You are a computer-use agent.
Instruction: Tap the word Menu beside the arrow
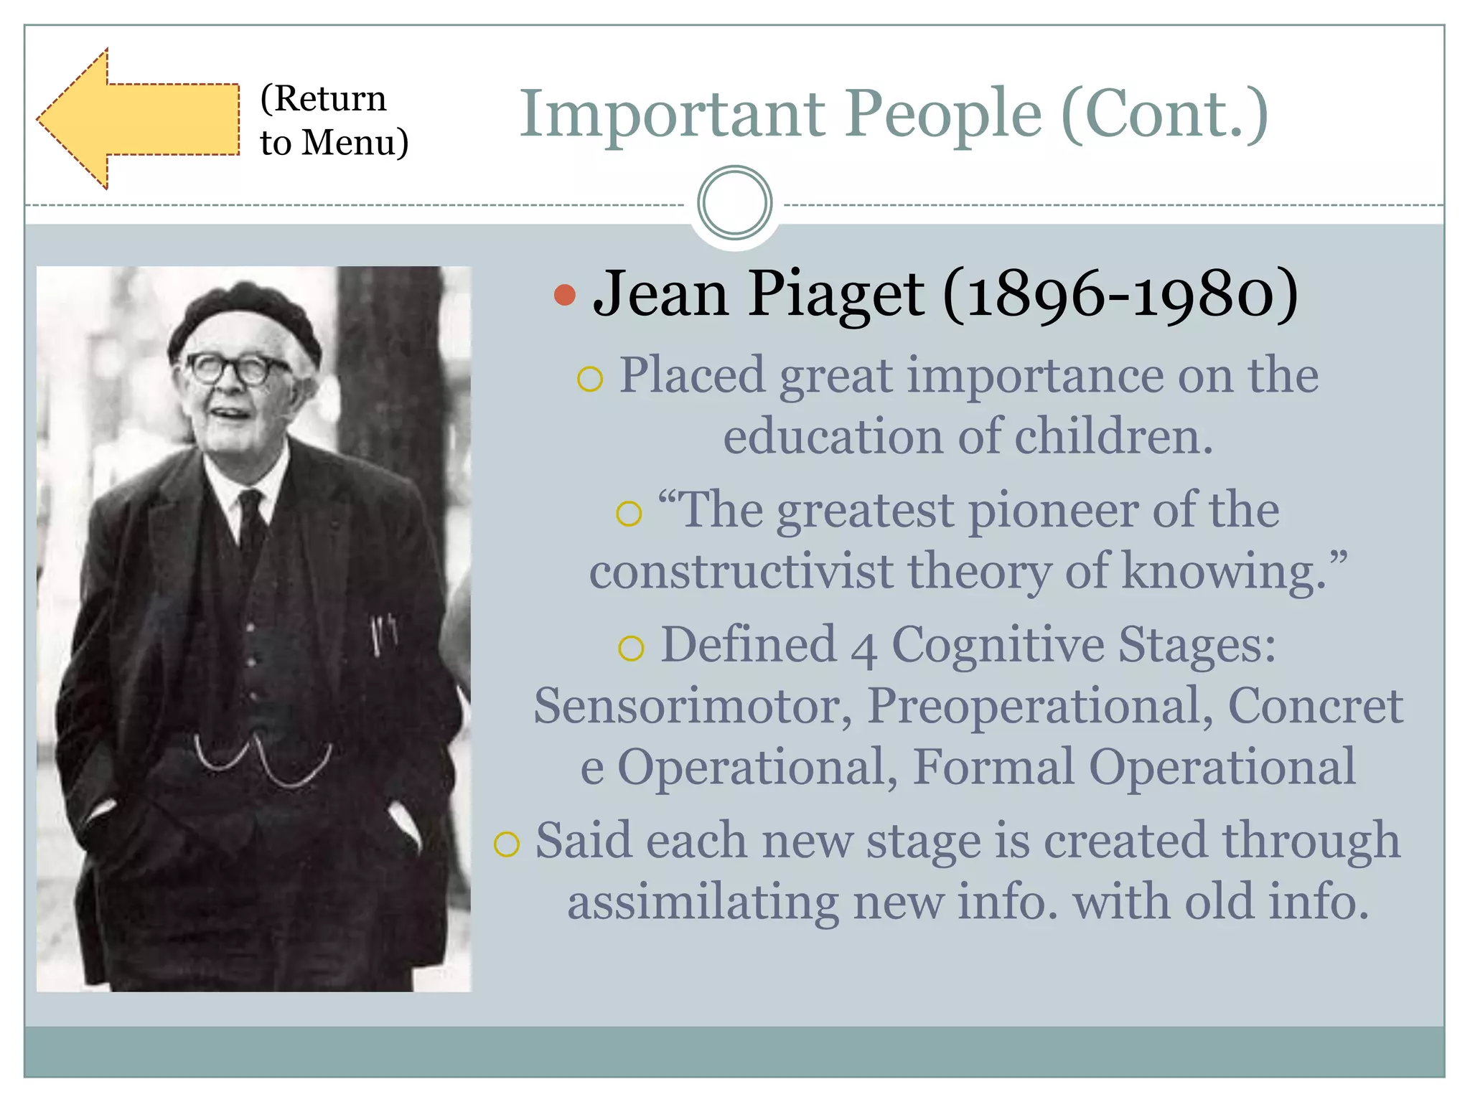pyautogui.click(x=350, y=142)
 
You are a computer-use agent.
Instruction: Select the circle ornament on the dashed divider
pyautogui.click(x=734, y=203)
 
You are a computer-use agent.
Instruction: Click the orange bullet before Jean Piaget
pyautogui.click(x=566, y=295)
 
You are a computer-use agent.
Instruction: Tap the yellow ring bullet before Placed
pyautogui.click(x=590, y=378)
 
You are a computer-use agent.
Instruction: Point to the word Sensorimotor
pyautogui.click(x=693, y=706)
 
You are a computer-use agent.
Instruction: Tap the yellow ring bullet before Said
pyautogui.click(x=507, y=844)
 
